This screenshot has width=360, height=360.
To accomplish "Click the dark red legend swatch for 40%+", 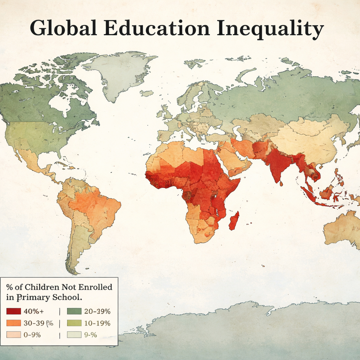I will (14, 311).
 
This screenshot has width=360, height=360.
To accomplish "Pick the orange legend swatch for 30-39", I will (14, 323).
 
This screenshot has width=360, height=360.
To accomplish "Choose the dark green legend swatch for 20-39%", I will (74, 311).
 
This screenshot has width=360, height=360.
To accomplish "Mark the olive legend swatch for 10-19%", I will (74, 323).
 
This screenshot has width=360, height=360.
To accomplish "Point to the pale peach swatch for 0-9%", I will (14, 335).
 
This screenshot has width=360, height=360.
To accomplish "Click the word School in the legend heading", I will (66, 297).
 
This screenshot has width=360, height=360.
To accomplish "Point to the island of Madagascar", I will (234, 221).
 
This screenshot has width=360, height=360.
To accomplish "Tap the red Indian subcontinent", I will (279, 163).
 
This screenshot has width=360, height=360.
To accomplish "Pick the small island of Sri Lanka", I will (281, 184).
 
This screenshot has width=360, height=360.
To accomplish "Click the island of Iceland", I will (147, 93).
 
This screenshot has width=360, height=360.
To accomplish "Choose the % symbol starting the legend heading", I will (9, 287).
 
